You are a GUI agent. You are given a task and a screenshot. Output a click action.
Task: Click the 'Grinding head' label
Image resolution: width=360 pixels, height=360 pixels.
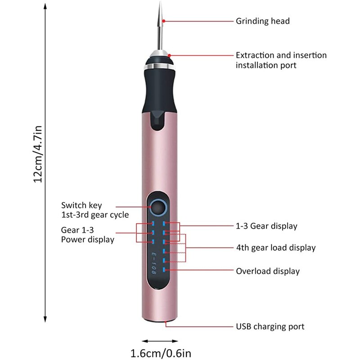(x=263, y=21)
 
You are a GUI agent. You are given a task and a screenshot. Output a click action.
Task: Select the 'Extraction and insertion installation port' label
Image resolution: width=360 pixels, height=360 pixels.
(x=281, y=60)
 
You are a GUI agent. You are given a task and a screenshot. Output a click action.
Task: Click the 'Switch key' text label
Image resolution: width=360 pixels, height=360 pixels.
(x=81, y=205)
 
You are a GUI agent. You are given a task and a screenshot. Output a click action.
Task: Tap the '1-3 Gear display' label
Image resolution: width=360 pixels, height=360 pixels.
(x=266, y=226)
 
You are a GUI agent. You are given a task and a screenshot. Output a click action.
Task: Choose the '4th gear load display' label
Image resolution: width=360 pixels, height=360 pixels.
(x=276, y=247)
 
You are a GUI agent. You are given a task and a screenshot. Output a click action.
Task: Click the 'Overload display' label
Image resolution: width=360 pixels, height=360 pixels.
(x=268, y=271)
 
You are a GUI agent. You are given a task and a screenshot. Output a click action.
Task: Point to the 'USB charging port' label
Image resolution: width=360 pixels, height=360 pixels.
(x=270, y=327)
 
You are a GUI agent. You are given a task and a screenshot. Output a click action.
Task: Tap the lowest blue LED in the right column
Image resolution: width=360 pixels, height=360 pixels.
(x=165, y=270)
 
